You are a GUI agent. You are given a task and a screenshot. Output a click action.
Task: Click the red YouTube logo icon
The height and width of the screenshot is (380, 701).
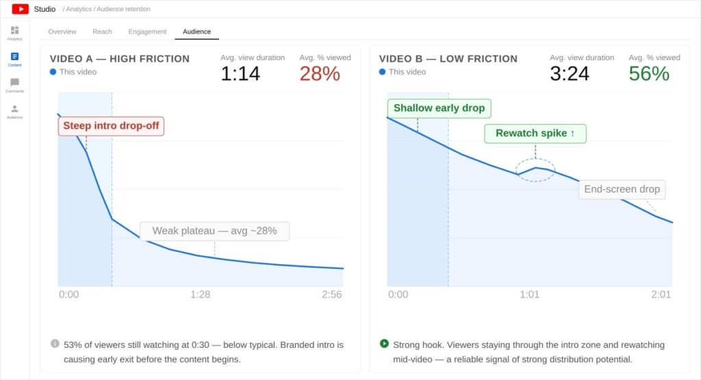pos(20,9)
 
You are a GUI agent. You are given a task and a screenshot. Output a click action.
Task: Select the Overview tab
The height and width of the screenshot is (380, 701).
pos(62,31)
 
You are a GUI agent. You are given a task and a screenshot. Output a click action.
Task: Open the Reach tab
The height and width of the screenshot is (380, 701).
pos(102,31)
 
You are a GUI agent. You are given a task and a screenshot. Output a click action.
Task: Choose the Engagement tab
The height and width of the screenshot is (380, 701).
pos(147,31)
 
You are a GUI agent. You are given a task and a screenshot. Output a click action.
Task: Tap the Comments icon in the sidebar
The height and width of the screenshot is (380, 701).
pos(14,83)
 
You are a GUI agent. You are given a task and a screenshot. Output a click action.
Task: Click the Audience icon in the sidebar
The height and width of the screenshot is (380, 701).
pos(14,109)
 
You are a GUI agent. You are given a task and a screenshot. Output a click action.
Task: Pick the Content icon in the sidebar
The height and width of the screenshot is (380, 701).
pos(14,57)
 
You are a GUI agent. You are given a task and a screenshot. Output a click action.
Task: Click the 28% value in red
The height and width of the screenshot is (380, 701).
pos(320,73)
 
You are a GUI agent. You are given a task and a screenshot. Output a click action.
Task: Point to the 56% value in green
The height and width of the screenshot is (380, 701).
pos(649,73)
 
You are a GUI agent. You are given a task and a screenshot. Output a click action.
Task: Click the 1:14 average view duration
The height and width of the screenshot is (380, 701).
pos(240,73)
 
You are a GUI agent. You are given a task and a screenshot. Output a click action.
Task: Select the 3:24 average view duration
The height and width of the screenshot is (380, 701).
pos(570,73)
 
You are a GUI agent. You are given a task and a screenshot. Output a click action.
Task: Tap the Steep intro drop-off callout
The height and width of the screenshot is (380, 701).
pos(111,126)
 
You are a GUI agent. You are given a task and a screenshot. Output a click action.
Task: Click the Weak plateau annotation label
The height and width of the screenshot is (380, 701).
pos(214,231)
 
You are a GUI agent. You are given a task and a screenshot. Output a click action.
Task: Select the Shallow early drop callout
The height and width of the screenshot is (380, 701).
pos(439,108)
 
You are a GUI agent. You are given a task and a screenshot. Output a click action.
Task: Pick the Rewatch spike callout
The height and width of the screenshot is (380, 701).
pos(535,134)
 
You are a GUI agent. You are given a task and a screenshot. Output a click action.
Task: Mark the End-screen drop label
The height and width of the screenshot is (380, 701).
pos(622,190)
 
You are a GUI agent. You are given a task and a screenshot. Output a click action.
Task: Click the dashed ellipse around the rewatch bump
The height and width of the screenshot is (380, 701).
pos(535,169)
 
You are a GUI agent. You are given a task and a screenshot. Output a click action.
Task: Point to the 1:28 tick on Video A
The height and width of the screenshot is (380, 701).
pos(200,294)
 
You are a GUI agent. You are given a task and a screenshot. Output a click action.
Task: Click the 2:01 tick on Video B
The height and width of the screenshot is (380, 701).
pos(661,294)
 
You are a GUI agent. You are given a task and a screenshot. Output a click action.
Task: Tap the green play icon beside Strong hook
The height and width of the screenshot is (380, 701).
pos(384,344)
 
